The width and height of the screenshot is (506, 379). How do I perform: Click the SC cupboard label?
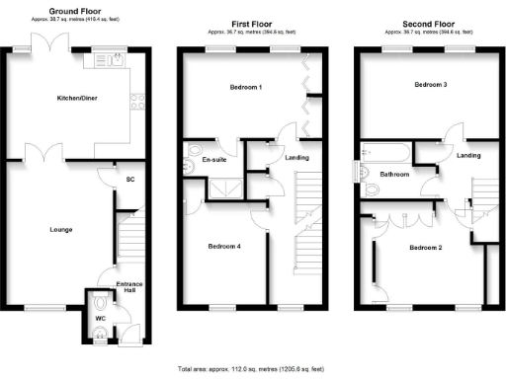click(130, 179)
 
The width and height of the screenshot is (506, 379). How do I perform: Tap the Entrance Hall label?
click(129, 288)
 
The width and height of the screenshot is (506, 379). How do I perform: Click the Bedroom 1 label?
click(246, 87)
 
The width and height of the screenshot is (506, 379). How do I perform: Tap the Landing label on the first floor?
click(295, 158)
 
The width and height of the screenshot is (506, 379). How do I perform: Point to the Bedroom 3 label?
click(431, 85)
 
